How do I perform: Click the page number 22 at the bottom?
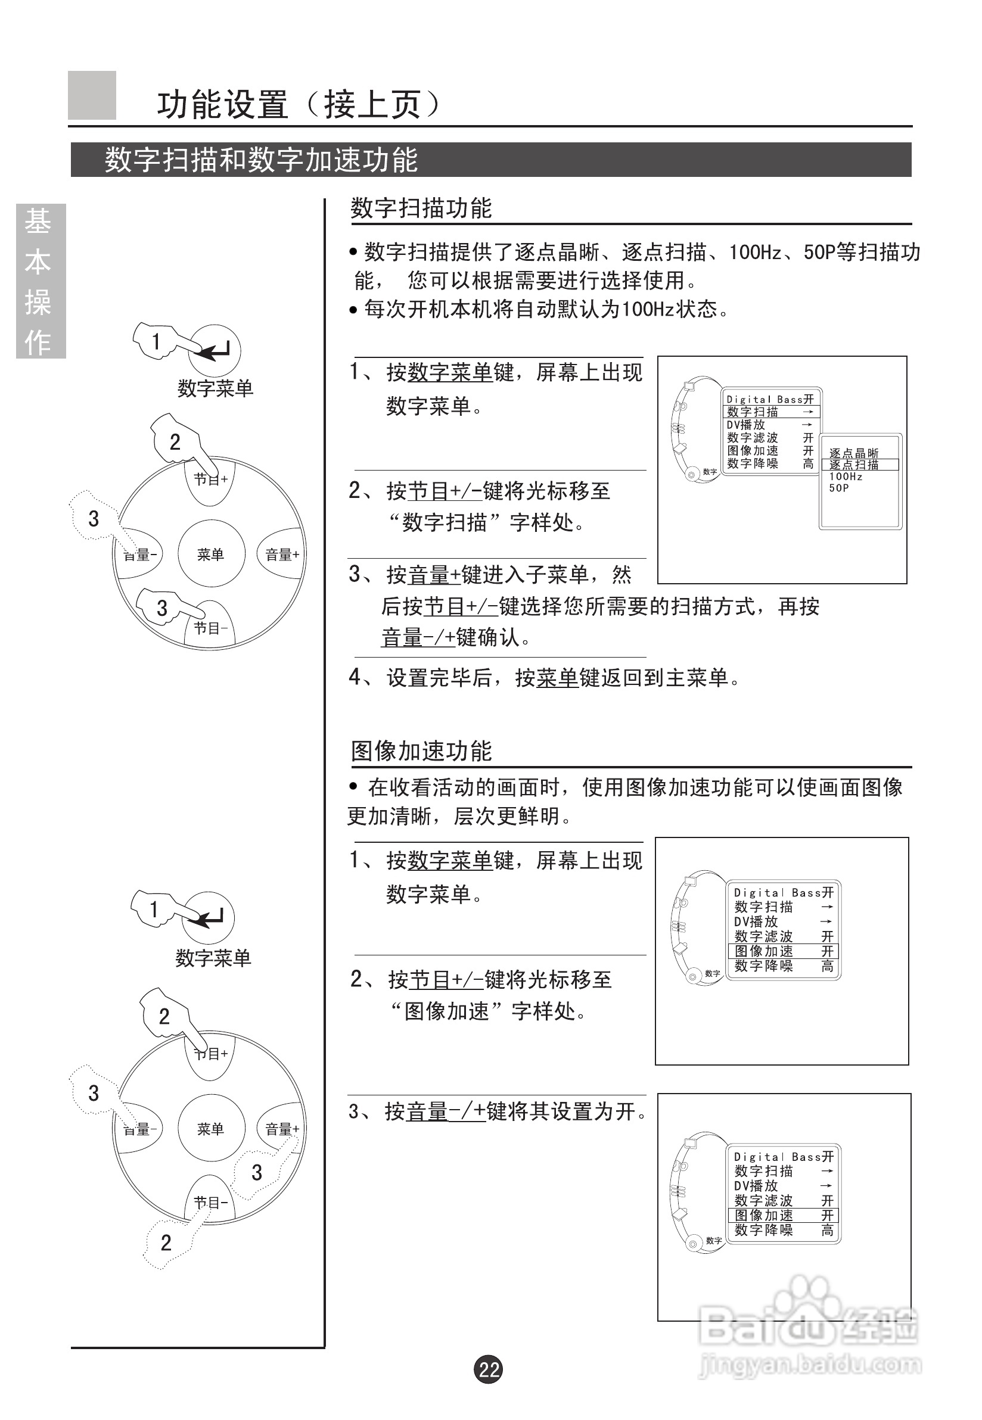click(x=489, y=1369)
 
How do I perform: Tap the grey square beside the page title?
click(x=92, y=95)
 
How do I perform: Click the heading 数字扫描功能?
click(x=421, y=208)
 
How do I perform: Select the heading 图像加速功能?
click(x=421, y=751)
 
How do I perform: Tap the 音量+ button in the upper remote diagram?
click(x=282, y=554)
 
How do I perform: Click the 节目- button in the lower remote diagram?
click(x=210, y=1203)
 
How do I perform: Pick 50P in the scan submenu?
click(x=838, y=488)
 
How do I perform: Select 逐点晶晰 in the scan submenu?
click(x=853, y=453)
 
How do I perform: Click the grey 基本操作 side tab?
click(x=41, y=281)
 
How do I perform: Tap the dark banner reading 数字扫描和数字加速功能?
click(x=490, y=160)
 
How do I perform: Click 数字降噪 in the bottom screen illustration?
click(x=763, y=1231)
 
